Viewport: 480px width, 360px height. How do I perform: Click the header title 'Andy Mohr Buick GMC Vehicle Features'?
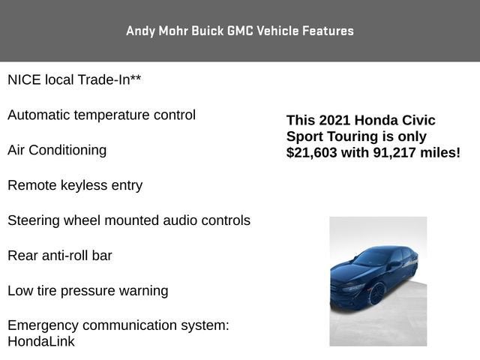(x=240, y=31)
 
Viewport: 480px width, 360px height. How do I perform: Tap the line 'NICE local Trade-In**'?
(x=74, y=80)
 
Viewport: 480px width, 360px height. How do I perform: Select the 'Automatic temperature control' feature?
(x=101, y=115)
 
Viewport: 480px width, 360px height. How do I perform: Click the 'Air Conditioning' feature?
(x=57, y=150)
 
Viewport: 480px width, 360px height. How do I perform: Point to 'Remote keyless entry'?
(x=75, y=185)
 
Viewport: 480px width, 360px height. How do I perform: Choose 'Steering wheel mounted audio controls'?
(x=129, y=220)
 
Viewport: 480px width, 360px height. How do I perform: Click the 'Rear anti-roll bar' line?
(x=60, y=256)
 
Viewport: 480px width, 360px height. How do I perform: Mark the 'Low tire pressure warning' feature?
(x=88, y=291)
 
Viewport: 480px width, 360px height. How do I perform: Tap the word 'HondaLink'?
(x=41, y=341)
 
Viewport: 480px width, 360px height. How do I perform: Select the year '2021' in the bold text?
(x=334, y=121)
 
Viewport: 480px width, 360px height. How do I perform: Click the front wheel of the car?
(x=376, y=292)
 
